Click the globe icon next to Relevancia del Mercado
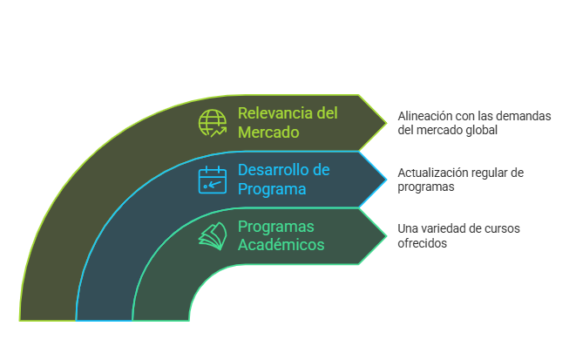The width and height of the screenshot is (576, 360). coord(212,123)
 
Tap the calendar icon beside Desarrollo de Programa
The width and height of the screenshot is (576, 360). coord(212,180)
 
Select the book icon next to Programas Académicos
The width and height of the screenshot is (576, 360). coord(212,236)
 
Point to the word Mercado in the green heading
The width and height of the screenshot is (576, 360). coord(268,132)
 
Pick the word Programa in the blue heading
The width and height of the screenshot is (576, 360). coord(272,189)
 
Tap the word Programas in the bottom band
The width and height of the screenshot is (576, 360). coord(276,227)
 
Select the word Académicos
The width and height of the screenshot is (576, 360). coord(281,245)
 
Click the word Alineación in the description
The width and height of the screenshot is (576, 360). coord(425,116)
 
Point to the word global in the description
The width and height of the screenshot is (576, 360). coord(480,130)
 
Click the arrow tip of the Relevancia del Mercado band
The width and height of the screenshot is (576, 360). coord(386,122)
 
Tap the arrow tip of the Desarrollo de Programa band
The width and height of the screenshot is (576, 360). coord(386,179)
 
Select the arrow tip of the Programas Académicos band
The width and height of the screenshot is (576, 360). coord(386,236)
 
